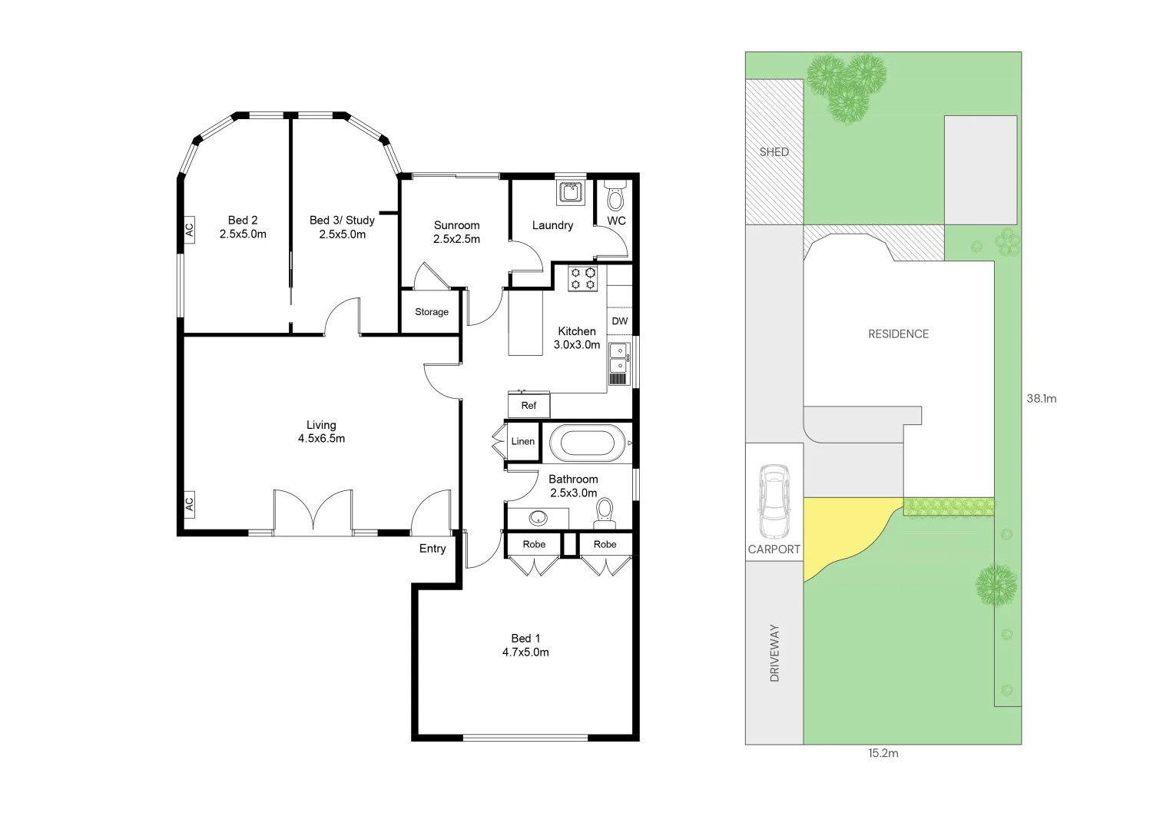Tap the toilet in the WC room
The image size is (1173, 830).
pos(615,198)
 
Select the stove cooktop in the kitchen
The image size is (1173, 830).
pos(583,278)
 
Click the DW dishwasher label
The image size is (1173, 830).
pos(619,321)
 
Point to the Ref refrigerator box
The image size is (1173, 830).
pos(529,405)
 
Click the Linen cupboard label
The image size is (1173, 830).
pos(522,441)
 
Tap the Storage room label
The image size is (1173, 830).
pos(431,312)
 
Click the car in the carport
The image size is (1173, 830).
pos(773,502)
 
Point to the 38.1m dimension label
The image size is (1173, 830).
pos(1041,398)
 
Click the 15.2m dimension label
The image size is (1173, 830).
pos(883,753)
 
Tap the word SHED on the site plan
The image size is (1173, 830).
pos(774,151)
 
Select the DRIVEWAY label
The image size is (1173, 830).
pos(774,652)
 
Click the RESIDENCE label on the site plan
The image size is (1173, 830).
pos(898,334)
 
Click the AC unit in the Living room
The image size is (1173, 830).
pos(188,504)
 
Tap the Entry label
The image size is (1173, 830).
pos(432,548)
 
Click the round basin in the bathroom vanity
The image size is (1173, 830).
pos(538,516)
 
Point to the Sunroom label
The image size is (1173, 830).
pos(456,225)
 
